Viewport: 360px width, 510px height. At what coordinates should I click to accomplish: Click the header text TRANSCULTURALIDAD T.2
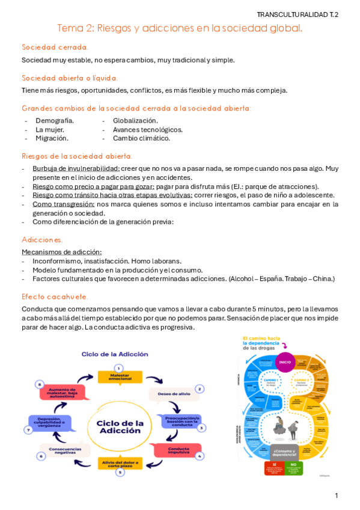(x=297, y=14)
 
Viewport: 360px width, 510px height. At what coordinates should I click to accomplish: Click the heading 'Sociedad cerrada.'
(x=55, y=47)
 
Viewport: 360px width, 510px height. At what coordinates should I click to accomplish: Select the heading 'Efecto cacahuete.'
(x=55, y=296)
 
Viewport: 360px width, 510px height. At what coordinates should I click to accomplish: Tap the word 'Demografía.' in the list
(x=55, y=121)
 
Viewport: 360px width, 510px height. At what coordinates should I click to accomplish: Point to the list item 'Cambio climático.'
(x=141, y=138)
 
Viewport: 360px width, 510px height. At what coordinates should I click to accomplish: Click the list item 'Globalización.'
(x=135, y=121)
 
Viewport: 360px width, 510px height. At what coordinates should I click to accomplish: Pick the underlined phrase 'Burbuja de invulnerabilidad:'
(x=76, y=168)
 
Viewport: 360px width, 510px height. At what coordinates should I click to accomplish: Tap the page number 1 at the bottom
(x=337, y=495)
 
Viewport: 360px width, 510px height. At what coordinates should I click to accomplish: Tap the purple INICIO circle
(x=284, y=361)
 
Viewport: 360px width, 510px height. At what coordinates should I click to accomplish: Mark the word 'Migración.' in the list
(x=52, y=138)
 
